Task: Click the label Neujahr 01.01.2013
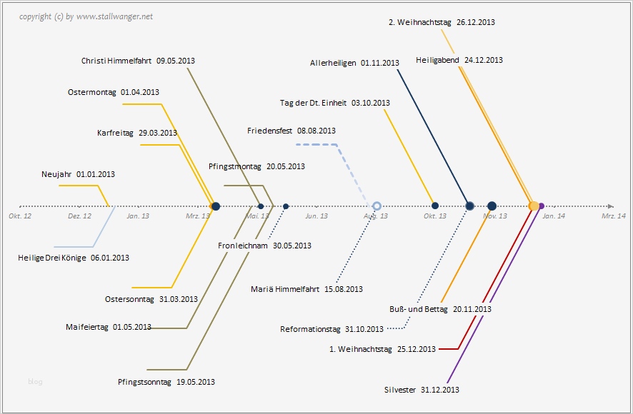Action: point(78,174)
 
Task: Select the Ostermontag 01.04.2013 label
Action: point(114,92)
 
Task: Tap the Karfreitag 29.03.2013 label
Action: point(137,133)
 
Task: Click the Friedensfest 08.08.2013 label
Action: point(291,131)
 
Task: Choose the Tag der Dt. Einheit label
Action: point(335,103)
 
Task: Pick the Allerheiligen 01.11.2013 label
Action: point(354,63)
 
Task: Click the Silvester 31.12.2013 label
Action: point(422,390)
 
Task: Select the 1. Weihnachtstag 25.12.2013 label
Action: point(382,349)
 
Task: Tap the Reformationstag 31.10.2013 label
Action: point(332,329)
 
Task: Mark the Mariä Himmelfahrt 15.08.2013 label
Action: point(307,289)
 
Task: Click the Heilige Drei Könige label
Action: point(74,258)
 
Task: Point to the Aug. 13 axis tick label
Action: point(376,216)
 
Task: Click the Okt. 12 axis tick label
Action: point(20,216)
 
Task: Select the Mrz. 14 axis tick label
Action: point(613,216)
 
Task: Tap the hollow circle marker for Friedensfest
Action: point(377,206)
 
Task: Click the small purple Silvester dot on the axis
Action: point(542,206)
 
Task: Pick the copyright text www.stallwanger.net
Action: point(114,16)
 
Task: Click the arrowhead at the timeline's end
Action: point(610,206)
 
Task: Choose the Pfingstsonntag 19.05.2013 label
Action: point(166,382)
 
